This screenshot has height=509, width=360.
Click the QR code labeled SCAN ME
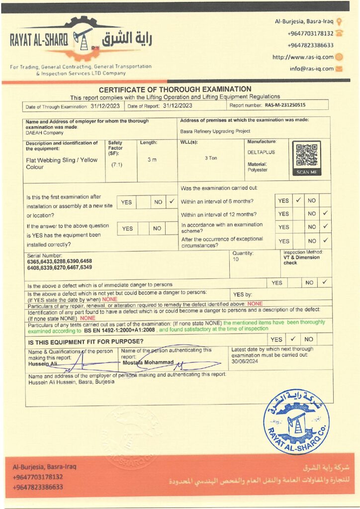tap(306, 157)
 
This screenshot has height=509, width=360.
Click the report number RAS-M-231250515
tap(285, 105)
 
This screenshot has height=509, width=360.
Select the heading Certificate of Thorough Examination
tap(175, 89)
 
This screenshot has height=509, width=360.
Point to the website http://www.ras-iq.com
tap(303, 57)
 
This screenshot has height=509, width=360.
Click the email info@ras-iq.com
tap(312, 69)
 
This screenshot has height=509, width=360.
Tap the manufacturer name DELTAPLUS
tap(261, 153)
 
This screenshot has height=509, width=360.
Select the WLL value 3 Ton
tap(211, 158)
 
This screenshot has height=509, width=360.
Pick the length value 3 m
tap(152, 160)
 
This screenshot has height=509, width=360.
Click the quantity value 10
tap(236, 259)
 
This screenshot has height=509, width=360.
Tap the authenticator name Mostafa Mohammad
tap(148, 362)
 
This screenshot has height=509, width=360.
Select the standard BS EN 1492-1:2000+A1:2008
tap(120, 330)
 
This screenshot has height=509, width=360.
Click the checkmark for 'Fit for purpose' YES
tap(293, 339)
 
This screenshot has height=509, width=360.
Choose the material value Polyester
tap(258, 170)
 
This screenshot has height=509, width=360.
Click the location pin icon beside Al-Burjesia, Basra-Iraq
tap(339, 21)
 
